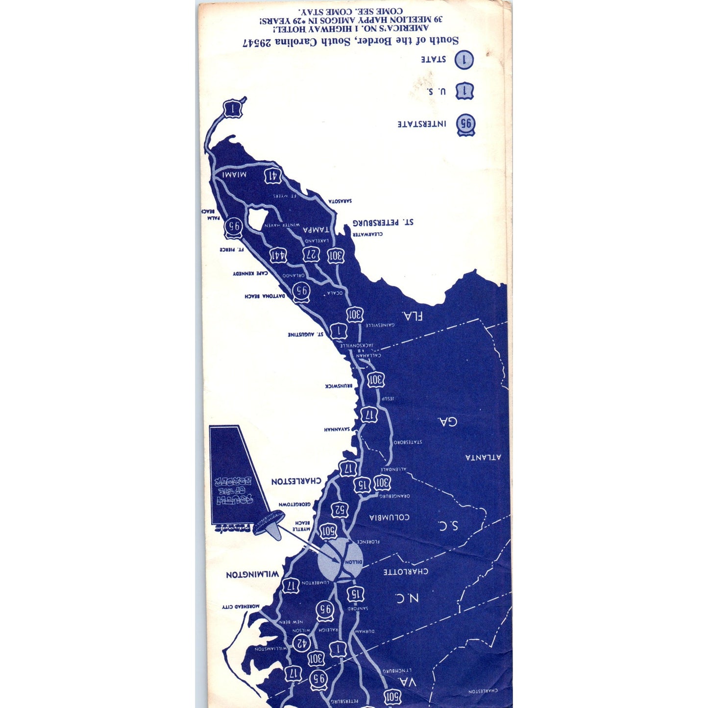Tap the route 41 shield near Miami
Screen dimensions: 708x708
click(273, 176)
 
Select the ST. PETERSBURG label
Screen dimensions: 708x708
click(383, 222)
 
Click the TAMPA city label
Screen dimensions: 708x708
click(316, 229)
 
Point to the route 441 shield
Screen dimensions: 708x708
click(277, 255)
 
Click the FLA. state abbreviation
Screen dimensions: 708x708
click(413, 316)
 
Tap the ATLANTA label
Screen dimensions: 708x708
click(483, 457)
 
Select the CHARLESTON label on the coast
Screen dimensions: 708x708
click(296, 481)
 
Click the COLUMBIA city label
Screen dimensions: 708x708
click(389, 517)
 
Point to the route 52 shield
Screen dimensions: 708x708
click(340, 510)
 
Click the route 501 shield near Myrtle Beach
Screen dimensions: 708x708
click(328, 531)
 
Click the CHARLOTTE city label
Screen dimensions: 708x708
click(406, 571)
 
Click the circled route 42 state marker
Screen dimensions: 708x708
click(301, 642)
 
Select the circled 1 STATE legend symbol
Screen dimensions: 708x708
click(464, 60)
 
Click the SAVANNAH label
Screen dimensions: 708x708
click(337, 429)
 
